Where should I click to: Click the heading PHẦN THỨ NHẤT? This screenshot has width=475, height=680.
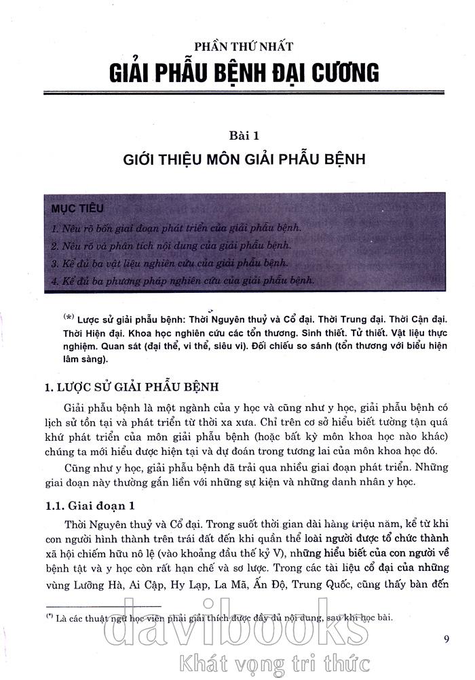click(x=243, y=46)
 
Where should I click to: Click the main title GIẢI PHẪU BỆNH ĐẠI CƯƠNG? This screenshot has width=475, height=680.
click(x=243, y=71)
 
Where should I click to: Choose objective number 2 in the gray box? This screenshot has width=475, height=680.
click(x=171, y=245)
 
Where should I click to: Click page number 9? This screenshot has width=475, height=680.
click(x=446, y=638)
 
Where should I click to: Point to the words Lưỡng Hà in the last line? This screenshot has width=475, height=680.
click(x=96, y=586)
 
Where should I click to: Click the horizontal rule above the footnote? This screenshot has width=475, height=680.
click(x=103, y=605)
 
